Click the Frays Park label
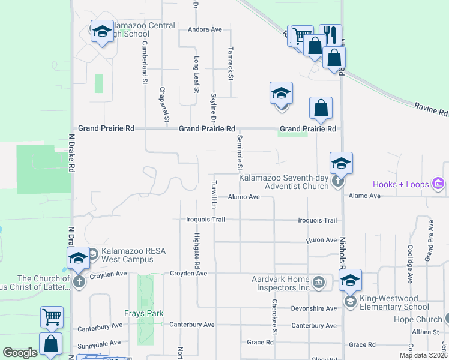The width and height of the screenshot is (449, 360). click(x=143, y=313)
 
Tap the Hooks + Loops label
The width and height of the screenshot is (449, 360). click(x=402, y=184)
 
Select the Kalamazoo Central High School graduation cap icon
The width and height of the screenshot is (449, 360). click(x=102, y=31)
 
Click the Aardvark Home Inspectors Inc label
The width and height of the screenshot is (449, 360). click(x=280, y=283)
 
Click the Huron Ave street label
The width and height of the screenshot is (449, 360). click(x=322, y=240)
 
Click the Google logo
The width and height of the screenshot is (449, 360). click(x=20, y=353)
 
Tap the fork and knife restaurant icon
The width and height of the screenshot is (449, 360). click(x=330, y=35)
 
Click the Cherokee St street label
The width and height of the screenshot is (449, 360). click(x=274, y=317)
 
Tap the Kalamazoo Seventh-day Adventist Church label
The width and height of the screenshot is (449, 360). click(x=284, y=182)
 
